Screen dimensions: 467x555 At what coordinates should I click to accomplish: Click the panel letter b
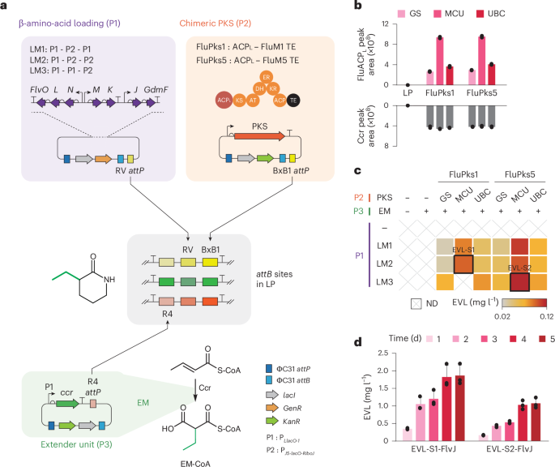(x=361, y=6)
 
